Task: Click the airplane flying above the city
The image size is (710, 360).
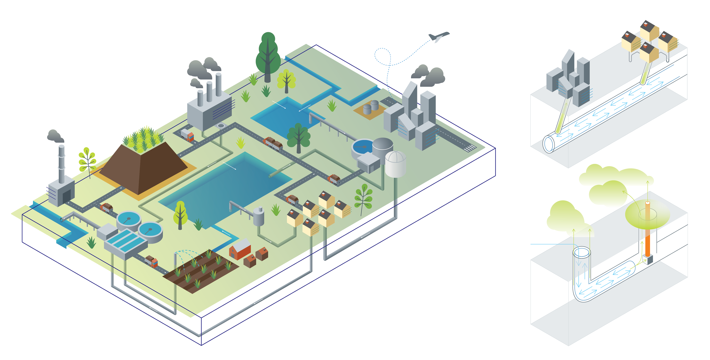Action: (x=438, y=36)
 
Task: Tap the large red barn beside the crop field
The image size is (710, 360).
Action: (x=240, y=249)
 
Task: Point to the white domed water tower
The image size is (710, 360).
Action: (x=395, y=164)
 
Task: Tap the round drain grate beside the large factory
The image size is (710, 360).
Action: (x=221, y=126)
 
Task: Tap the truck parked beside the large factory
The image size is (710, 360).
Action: (x=187, y=135)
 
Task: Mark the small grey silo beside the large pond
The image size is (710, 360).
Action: (x=258, y=216)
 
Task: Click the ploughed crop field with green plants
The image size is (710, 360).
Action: (x=201, y=271)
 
